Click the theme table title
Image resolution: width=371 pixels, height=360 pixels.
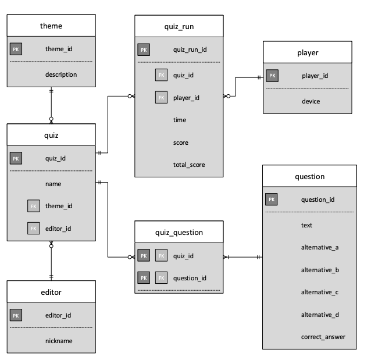coord(51,26)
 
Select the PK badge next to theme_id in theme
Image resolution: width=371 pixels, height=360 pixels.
coord(16,49)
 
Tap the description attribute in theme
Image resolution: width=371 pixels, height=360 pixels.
coord(60,74)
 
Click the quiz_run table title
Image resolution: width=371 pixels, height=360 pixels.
coord(179,26)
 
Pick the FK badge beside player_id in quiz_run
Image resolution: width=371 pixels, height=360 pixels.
coord(161,98)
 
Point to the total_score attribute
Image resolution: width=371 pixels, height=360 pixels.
coord(189,165)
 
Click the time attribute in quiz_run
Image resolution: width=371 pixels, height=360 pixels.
coord(180,120)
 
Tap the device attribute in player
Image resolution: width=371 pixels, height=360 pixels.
coord(311,101)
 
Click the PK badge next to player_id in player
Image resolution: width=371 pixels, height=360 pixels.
coord(272,76)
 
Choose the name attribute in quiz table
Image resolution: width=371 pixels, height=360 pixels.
coord(53,184)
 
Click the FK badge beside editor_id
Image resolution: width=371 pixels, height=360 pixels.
coord(33,229)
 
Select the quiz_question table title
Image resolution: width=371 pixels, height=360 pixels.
coord(179,232)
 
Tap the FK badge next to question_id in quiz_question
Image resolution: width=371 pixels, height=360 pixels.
coord(161,278)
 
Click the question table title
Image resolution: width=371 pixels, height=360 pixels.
coord(309,176)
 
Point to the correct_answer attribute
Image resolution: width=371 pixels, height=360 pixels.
coord(323,337)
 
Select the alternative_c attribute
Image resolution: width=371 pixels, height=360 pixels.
coord(320,292)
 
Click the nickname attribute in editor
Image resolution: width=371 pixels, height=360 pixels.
coord(59,341)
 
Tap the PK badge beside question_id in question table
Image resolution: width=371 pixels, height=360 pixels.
coord(271,199)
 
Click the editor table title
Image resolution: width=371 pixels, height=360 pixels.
coord(51,292)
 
